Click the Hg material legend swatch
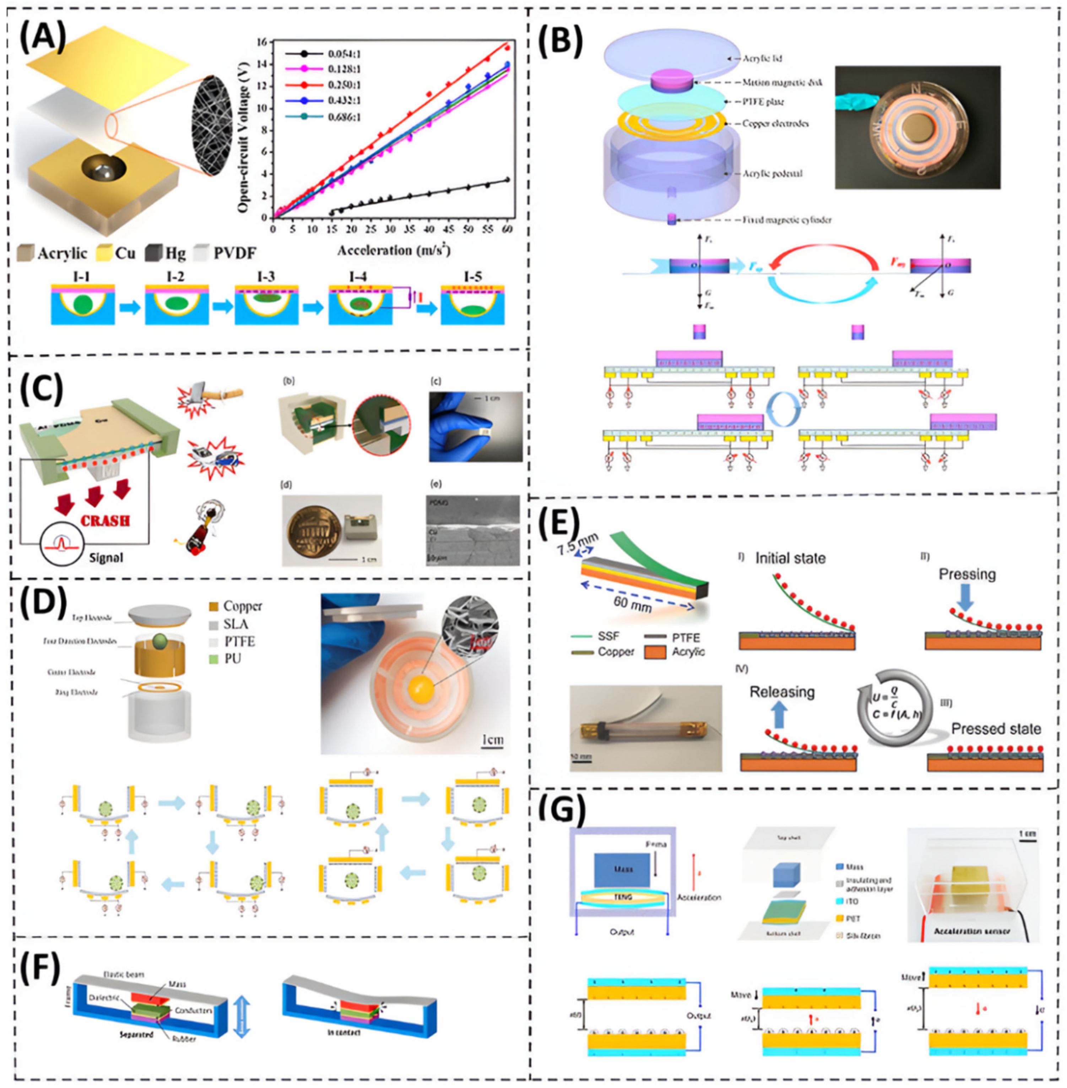pyautogui.click(x=152, y=253)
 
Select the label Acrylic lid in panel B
pyautogui.click(x=762, y=58)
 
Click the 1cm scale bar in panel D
pyautogui.click(x=492, y=741)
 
